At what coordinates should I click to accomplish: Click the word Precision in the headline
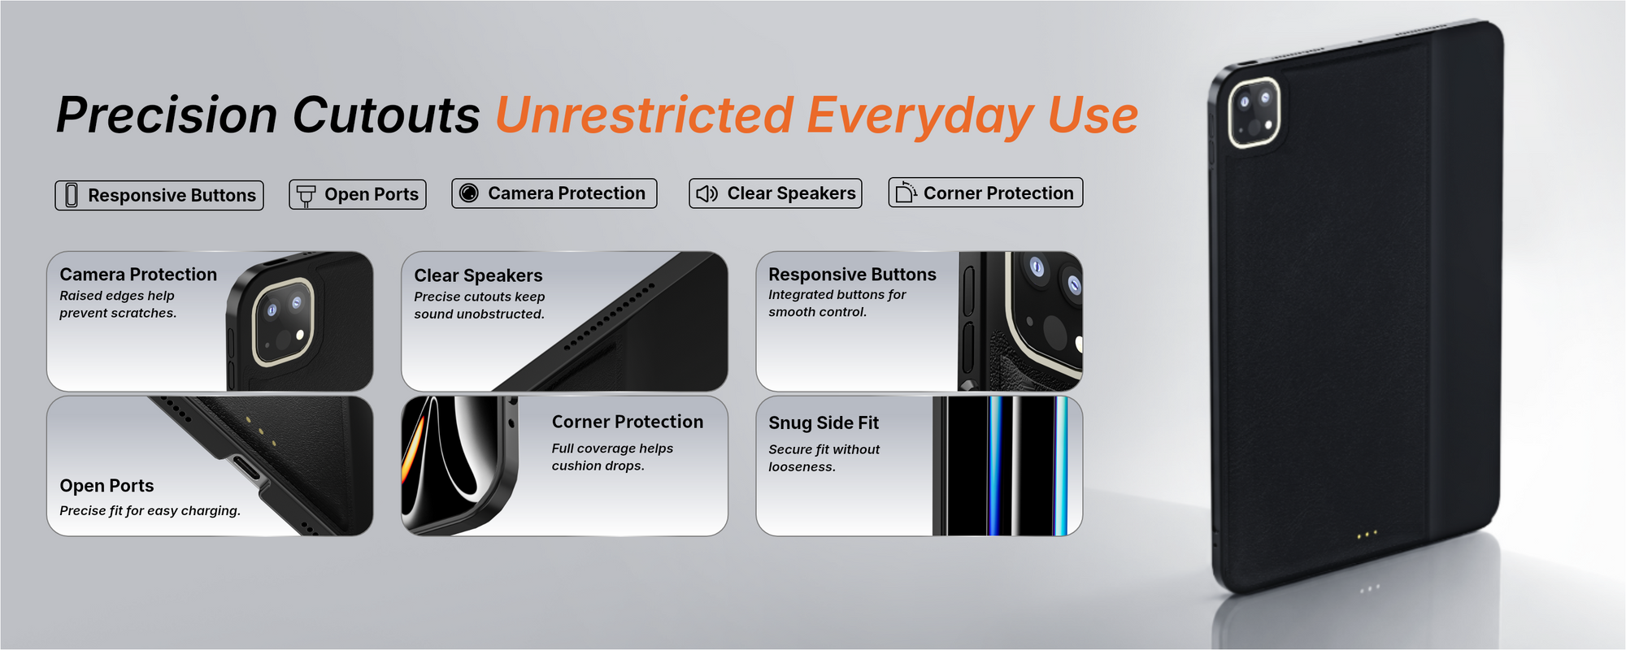point(167,115)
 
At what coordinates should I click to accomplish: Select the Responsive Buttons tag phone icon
point(72,195)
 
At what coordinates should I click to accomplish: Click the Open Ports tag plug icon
point(307,195)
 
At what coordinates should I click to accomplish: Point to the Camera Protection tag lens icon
point(469,193)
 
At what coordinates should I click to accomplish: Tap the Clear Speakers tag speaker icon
point(706,193)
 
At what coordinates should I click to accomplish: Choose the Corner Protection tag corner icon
point(905,192)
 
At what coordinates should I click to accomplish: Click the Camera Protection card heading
point(138,275)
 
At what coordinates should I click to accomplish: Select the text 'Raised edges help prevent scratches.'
point(118,305)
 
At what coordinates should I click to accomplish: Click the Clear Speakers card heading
point(478,275)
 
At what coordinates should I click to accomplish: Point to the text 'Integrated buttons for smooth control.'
point(837,303)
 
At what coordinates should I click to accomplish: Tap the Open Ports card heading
point(107,486)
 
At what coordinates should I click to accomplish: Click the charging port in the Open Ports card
point(247,469)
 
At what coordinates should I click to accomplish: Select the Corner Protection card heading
point(628,422)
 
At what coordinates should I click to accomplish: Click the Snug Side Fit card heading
point(824,422)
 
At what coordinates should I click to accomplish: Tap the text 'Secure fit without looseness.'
point(824,458)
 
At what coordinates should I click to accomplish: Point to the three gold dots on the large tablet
point(1367,535)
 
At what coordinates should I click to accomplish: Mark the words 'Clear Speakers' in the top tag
point(791,193)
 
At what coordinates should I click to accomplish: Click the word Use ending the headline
point(1093,115)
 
